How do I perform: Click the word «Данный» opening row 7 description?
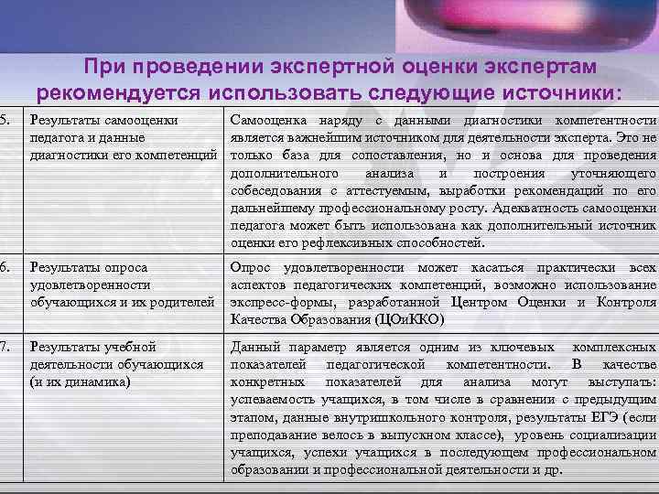[x=255, y=347]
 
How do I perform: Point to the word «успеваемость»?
[x=271, y=399]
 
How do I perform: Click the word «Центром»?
[x=490, y=302]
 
